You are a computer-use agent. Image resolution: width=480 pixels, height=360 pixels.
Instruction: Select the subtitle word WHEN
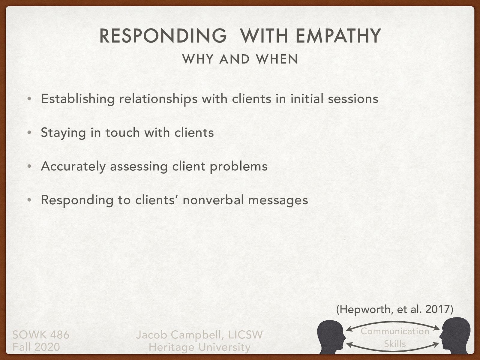pyautogui.click(x=277, y=59)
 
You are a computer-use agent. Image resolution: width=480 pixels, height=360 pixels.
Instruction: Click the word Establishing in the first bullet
pyautogui.click(x=78, y=99)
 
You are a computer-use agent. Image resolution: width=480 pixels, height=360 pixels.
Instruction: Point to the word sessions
pyautogui.click(x=353, y=99)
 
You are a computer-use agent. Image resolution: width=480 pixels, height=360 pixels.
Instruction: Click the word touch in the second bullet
pyautogui.click(x=122, y=133)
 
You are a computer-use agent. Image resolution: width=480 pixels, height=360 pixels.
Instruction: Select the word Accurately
pyautogui.click(x=73, y=166)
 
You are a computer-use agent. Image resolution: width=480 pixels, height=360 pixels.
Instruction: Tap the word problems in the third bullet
pyautogui.click(x=238, y=166)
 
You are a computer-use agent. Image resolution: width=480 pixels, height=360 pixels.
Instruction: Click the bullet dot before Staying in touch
pyautogui.click(x=29, y=133)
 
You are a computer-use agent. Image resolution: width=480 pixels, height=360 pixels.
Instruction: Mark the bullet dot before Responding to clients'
pyautogui.click(x=29, y=200)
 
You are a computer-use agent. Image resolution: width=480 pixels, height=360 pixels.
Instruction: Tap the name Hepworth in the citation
pyautogui.click(x=364, y=309)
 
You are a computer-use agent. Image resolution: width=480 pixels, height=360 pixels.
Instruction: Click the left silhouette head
pyautogui.click(x=331, y=336)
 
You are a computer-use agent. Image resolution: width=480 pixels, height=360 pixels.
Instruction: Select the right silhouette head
pyautogui.click(x=455, y=336)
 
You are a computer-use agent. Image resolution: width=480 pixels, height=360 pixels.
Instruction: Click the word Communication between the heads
pyautogui.click(x=395, y=331)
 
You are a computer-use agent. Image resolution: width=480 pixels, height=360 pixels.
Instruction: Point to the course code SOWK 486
pyautogui.click(x=41, y=334)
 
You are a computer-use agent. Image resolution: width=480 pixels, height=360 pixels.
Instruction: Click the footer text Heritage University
pyautogui.click(x=199, y=347)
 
